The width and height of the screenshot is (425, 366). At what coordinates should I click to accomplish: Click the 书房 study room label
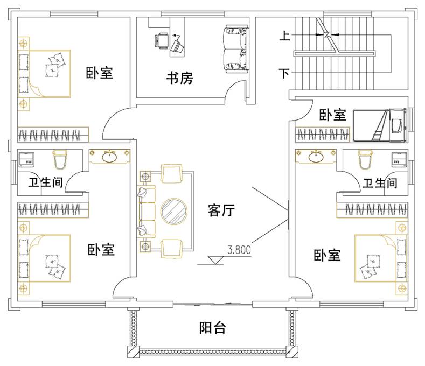[x=179, y=79]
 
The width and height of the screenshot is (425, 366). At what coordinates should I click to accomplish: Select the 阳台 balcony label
[x=212, y=328]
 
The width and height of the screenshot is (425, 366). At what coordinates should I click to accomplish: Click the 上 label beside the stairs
[x=284, y=37]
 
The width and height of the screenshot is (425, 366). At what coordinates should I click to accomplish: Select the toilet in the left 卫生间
[x=59, y=159]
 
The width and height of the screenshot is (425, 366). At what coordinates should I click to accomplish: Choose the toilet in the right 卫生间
[x=365, y=159]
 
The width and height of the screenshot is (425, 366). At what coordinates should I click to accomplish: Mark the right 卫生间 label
[x=380, y=184]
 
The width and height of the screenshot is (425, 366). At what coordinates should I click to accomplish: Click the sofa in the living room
[x=145, y=210]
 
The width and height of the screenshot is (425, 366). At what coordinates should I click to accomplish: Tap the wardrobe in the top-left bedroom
[x=53, y=133]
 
